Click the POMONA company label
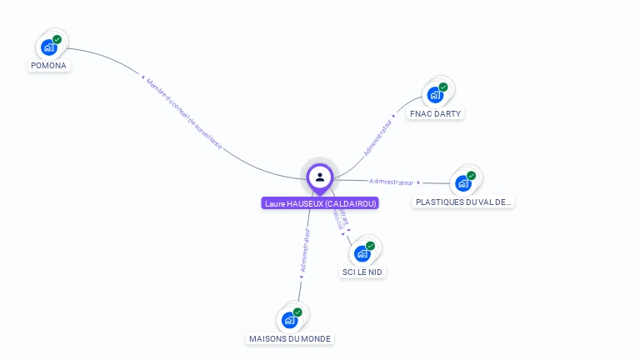point(48,65)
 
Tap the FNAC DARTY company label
point(435,113)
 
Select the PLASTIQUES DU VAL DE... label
point(464,202)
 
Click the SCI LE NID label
point(363,272)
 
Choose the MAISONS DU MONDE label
point(290,338)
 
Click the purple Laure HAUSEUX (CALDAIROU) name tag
point(320,203)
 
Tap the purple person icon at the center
point(320,177)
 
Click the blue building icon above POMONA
point(48,47)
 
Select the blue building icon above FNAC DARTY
point(434,95)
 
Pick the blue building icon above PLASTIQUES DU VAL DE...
point(462,183)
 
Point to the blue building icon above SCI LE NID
point(362,253)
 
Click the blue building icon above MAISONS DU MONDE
point(289,320)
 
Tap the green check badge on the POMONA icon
point(57,39)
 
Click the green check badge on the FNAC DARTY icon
point(443,87)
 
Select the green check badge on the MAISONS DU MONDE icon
point(297,312)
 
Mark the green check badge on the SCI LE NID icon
point(371,245)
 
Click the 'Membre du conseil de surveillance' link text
point(184,112)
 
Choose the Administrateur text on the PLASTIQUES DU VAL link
point(391,182)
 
